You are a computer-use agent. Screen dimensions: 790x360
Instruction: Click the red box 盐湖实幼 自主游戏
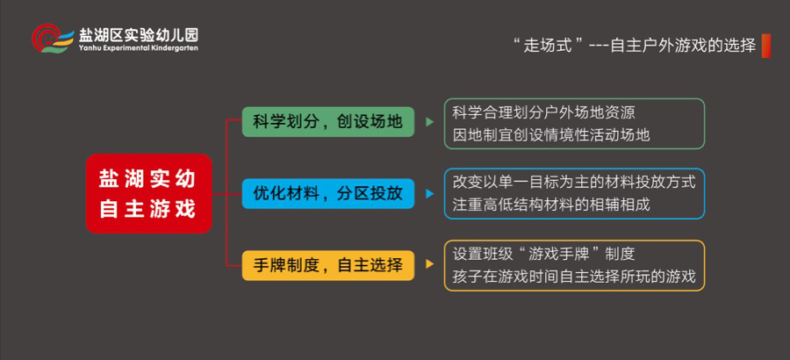tap(148, 194)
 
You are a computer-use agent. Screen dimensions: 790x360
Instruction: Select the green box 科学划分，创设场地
tap(328, 121)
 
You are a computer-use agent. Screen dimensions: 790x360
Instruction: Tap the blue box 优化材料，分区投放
tap(328, 194)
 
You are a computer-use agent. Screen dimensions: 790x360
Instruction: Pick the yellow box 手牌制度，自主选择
tap(328, 265)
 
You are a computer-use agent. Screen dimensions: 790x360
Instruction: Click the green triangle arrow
tap(430, 121)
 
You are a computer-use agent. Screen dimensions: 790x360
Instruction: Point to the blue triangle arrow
tap(430, 194)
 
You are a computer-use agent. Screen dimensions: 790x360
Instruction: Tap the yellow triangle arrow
tap(430, 264)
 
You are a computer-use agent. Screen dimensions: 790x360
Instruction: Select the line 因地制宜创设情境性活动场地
tap(551, 135)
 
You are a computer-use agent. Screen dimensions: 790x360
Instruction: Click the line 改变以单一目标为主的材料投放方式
tap(574, 182)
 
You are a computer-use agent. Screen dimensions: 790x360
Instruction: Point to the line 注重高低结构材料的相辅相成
tap(551, 205)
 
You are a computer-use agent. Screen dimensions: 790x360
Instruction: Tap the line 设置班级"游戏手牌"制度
tap(543, 254)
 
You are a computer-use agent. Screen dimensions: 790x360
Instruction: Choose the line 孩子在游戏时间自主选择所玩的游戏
tap(574, 277)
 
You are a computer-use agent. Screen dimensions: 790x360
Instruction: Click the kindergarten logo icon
tap(54, 39)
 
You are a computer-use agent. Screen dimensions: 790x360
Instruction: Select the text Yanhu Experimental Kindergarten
tap(138, 48)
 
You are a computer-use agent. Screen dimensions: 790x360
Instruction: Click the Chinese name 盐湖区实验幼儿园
tap(138, 35)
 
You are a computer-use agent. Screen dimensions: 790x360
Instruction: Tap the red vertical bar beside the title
tap(766, 46)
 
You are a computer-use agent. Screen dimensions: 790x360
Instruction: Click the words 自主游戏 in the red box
tap(147, 209)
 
